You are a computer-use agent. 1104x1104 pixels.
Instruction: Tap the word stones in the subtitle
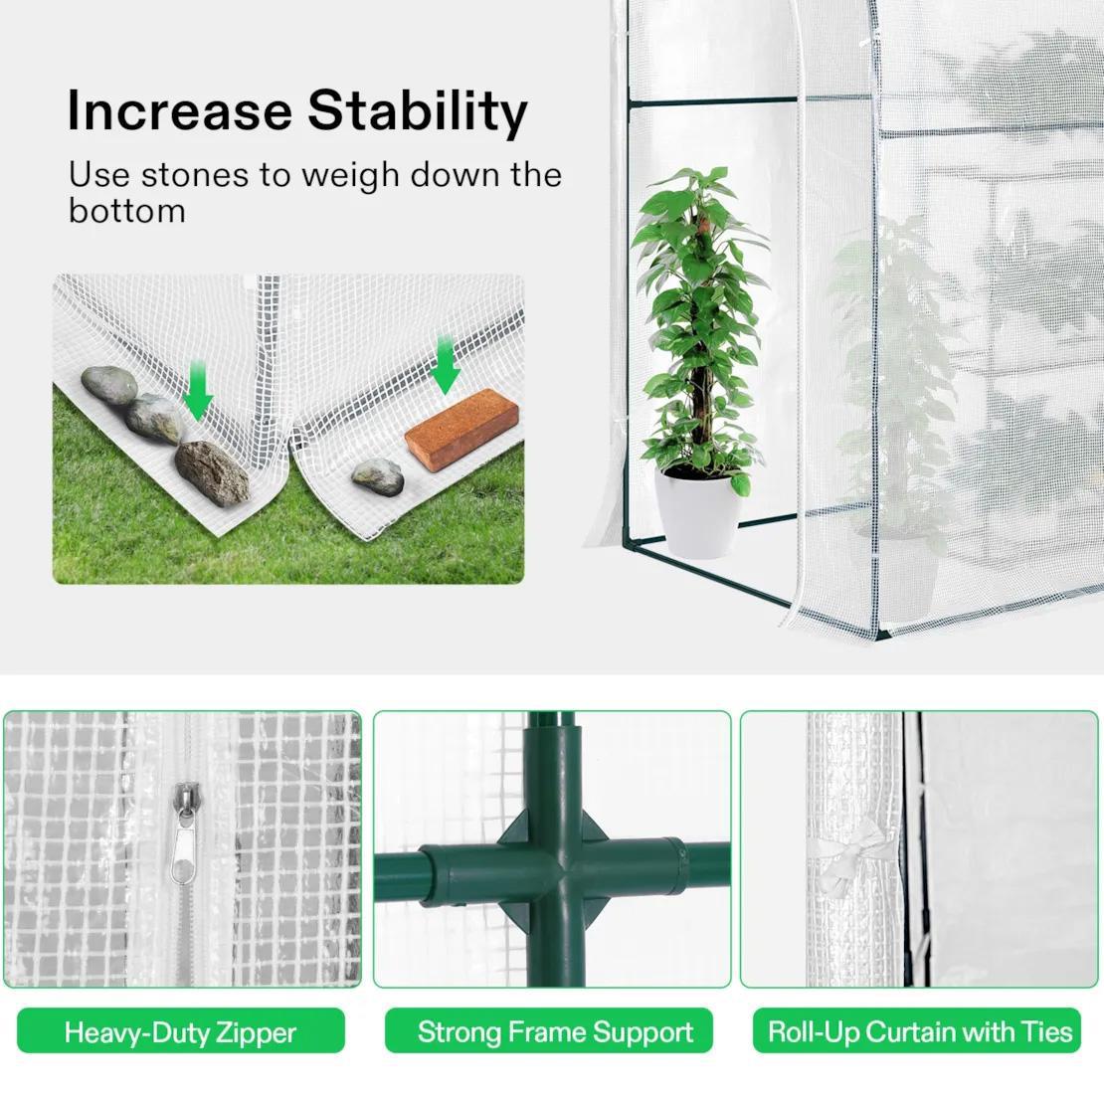click(x=194, y=175)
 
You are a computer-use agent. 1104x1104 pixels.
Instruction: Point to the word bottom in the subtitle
click(x=126, y=210)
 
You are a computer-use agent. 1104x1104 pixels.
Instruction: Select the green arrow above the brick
click(x=445, y=365)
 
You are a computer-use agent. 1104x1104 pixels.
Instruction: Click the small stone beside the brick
click(x=378, y=476)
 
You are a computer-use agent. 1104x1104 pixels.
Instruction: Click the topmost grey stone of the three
click(x=108, y=384)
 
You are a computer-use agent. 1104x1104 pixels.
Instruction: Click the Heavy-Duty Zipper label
click(x=180, y=1031)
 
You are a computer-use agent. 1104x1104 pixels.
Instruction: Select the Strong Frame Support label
click(x=555, y=1031)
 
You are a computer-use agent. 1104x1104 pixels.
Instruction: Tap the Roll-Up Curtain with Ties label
click(x=920, y=1031)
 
